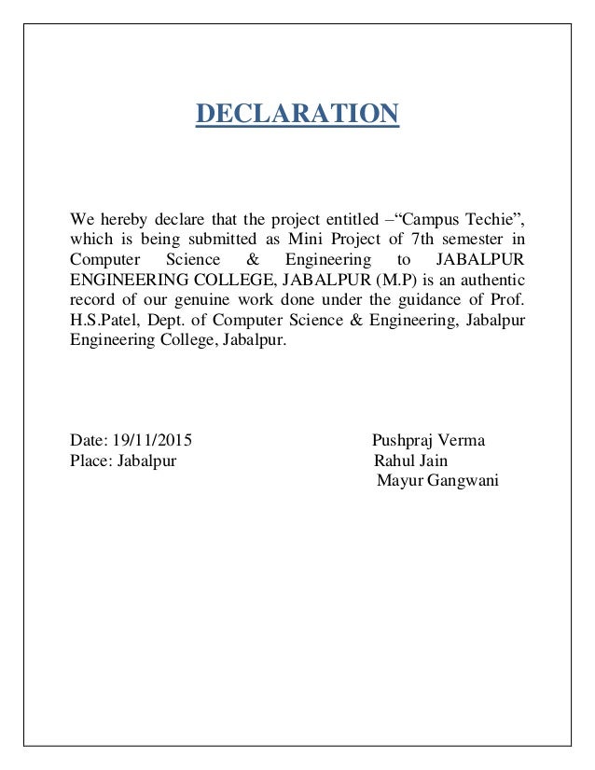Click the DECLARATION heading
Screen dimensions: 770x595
(x=297, y=115)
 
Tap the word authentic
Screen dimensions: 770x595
(x=485, y=281)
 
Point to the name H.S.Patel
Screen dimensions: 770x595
(x=102, y=322)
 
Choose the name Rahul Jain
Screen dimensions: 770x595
(x=410, y=461)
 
